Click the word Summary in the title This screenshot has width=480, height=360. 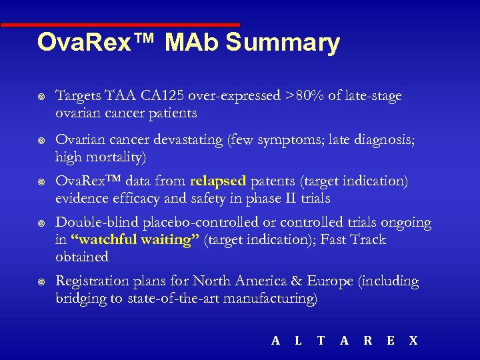pos(283,43)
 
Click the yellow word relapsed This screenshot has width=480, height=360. pos(219,181)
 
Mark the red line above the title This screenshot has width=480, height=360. pos(120,25)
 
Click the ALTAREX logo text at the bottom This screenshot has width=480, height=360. pos(345,341)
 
